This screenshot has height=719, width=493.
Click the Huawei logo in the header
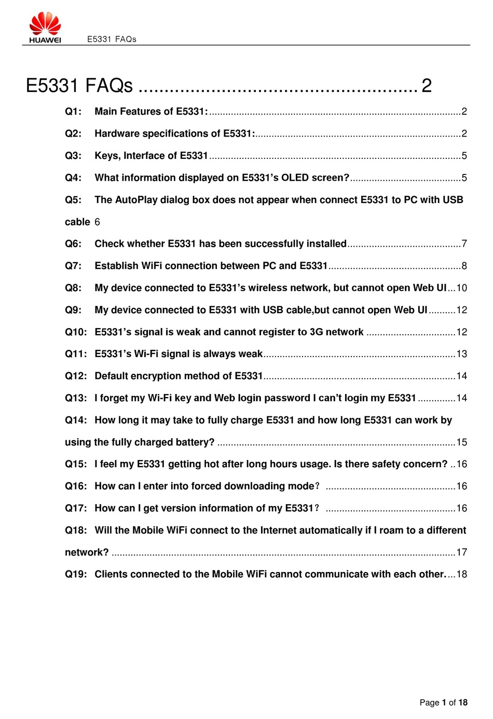pos(45,28)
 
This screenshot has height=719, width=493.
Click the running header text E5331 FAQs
pos(112,39)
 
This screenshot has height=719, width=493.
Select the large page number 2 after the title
pos(426,86)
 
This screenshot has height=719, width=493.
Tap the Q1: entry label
pos(73,112)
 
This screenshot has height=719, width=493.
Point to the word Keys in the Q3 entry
pos(107,156)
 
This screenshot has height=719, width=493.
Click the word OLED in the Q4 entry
pos(295,178)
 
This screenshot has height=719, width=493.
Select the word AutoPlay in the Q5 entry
pos(136,200)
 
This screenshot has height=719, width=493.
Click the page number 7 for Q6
pos(464,244)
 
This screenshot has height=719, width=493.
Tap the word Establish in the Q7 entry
pos(116,266)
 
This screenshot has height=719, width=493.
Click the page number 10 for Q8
pos(461,288)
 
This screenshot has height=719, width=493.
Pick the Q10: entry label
pos(76,332)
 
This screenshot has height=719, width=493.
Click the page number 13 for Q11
pos(461,354)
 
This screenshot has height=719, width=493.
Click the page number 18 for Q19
pos(461,574)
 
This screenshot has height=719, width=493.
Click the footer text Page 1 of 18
pos(443,702)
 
